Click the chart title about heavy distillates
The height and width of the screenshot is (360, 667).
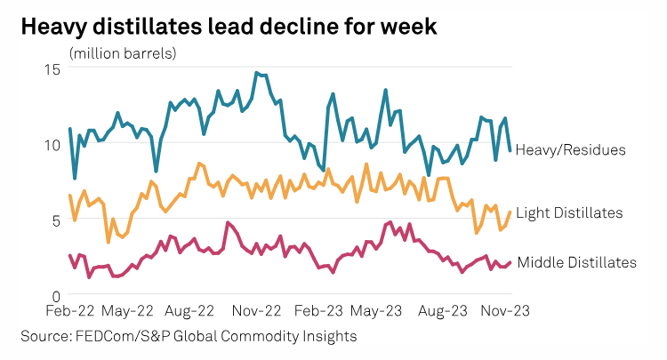(229, 26)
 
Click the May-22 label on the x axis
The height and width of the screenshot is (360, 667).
(129, 312)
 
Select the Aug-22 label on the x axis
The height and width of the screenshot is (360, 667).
(191, 312)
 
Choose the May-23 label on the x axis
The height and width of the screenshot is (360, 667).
(377, 312)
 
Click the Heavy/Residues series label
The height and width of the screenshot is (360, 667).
(570, 149)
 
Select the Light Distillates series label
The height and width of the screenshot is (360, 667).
(568, 212)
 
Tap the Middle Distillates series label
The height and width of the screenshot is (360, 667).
(576, 262)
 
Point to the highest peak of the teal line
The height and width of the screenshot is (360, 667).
(256, 73)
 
